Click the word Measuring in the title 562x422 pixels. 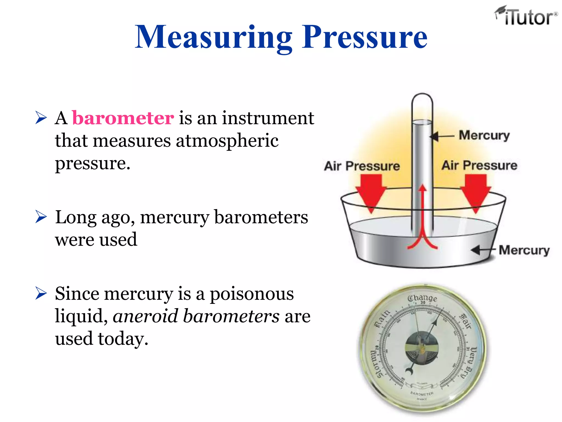coord(213,37)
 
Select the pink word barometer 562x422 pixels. coord(123,118)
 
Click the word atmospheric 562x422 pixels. coord(227,141)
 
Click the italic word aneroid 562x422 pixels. coord(145,316)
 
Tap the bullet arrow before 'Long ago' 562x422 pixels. coord(41,217)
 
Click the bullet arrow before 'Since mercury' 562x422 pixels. coord(41,293)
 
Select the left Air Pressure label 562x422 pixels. coord(362,166)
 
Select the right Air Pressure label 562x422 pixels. coord(479,165)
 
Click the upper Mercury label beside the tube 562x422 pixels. coord(484,135)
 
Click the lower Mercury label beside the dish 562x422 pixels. coord(524,250)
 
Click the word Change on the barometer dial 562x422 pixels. coord(422,298)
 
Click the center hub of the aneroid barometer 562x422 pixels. coord(422,348)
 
